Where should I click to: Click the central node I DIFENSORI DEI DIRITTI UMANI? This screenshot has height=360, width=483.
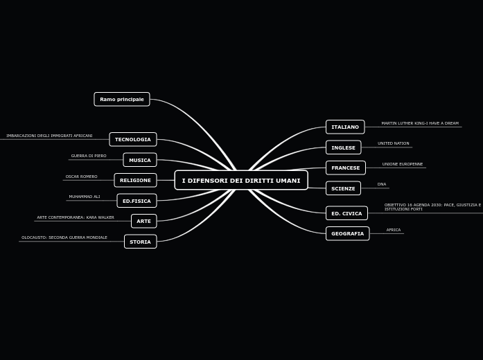pyautogui.click(x=241, y=181)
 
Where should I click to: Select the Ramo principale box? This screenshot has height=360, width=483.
pyautogui.click(x=122, y=99)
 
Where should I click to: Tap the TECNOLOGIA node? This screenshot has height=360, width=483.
pyautogui.click(x=133, y=139)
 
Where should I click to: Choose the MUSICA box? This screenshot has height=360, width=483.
pyautogui.click(x=140, y=160)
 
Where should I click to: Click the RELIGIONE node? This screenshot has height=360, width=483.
pyautogui.click(x=135, y=180)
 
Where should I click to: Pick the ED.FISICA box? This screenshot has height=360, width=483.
pyautogui.click(x=137, y=201)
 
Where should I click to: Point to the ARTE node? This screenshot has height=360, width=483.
pyautogui.click(x=143, y=221)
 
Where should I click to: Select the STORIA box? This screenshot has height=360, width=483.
pyautogui.click(x=140, y=242)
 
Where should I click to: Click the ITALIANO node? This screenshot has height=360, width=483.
pyautogui.click(x=345, y=127)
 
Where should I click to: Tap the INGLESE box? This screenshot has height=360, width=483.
pyautogui.click(x=343, y=147)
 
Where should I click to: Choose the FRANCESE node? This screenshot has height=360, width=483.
pyautogui.click(x=345, y=168)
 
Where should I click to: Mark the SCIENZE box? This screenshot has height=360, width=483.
pyautogui.click(x=343, y=188)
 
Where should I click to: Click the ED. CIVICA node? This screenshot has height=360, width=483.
pyautogui.click(x=346, y=213)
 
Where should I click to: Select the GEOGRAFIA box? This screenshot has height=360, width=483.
pyautogui.click(x=347, y=233)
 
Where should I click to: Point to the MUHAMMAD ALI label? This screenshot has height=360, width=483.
pyautogui.click(x=85, y=197)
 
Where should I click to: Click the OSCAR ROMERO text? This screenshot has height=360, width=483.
pyautogui.click(x=82, y=177)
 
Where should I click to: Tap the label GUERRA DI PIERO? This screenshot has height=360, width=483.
pyautogui.click(x=89, y=156)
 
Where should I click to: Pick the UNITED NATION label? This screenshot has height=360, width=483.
pyautogui.click(x=394, y=143)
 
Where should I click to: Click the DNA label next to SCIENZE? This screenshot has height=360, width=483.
pyautogui.click(x=382, y=184)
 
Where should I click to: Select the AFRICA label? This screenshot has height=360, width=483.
pyautogui.click(x=394, y=230)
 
